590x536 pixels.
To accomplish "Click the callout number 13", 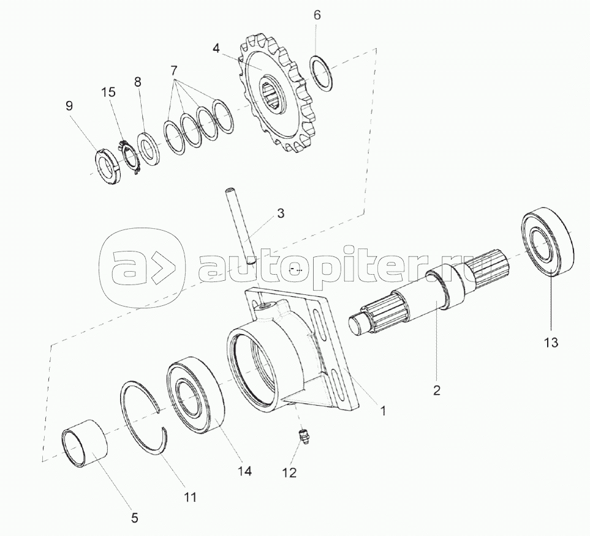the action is pyautogui.click(x=551, y=342).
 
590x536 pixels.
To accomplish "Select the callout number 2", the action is pyautogui.click(x=436, y=390).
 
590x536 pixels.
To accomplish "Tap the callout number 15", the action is pyautogui.click(x=108, y=92).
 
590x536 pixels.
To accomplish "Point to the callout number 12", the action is pyautogui.click(x=289, y=472).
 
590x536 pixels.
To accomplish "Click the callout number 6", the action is pyautogui.click(x=317, y=15).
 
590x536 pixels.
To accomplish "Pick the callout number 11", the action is pyautogui.click(x=191, y=497).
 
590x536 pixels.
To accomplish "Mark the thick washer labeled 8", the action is pyautogui.click(x=148, y=149).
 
